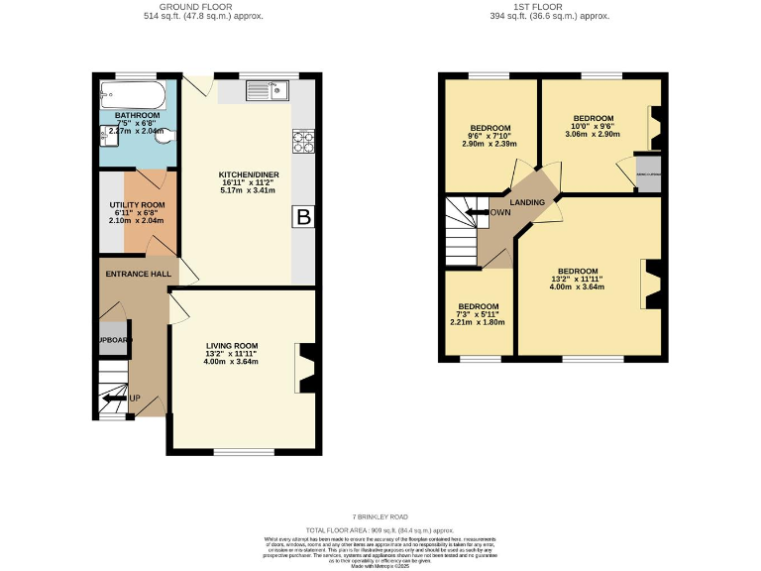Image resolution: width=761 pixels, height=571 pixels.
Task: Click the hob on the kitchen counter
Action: [303, 142]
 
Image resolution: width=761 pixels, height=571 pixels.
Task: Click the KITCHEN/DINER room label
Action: [249, 175]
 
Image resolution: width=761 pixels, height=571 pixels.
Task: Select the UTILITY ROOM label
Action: [137, 204]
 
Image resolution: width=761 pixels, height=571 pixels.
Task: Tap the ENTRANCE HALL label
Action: [135, 275]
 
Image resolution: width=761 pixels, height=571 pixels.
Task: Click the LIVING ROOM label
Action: [231, 345]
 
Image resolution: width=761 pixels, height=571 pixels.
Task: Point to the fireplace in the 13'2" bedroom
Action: [651, 284]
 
